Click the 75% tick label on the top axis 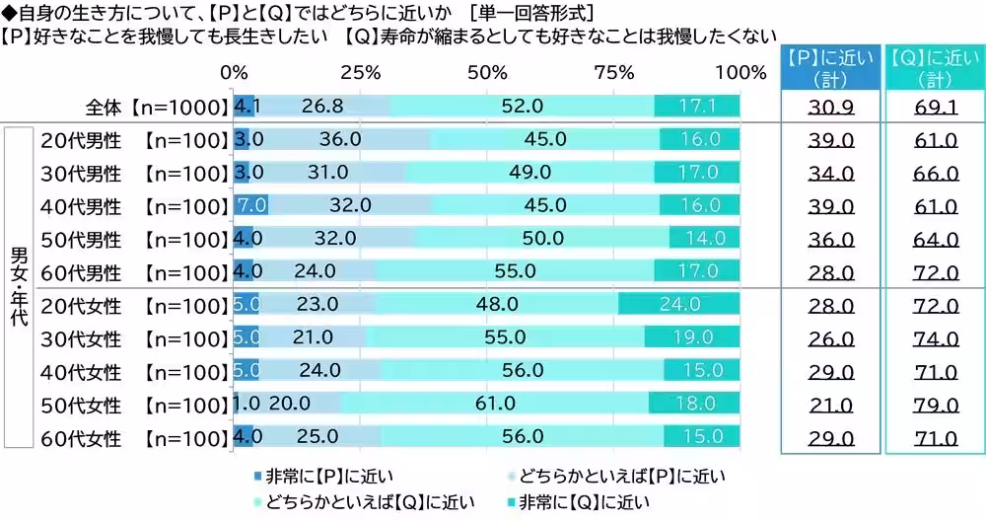613,73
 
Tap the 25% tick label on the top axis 361,73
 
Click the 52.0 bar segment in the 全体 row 522,107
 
